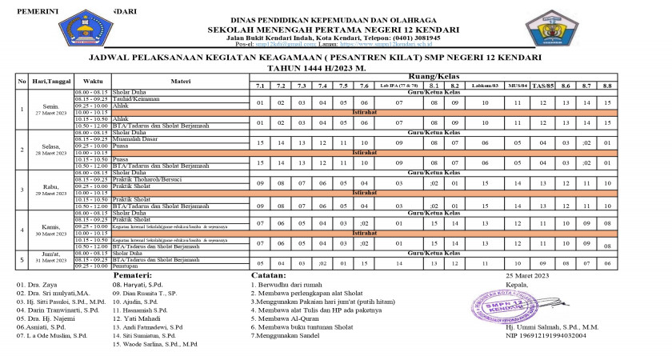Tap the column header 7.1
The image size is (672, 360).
click(x=259, y=85)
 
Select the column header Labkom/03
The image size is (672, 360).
click(x=485, y=85)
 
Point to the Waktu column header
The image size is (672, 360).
click(x=93, y=81)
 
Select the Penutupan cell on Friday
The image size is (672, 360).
click(x=128, y=266)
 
